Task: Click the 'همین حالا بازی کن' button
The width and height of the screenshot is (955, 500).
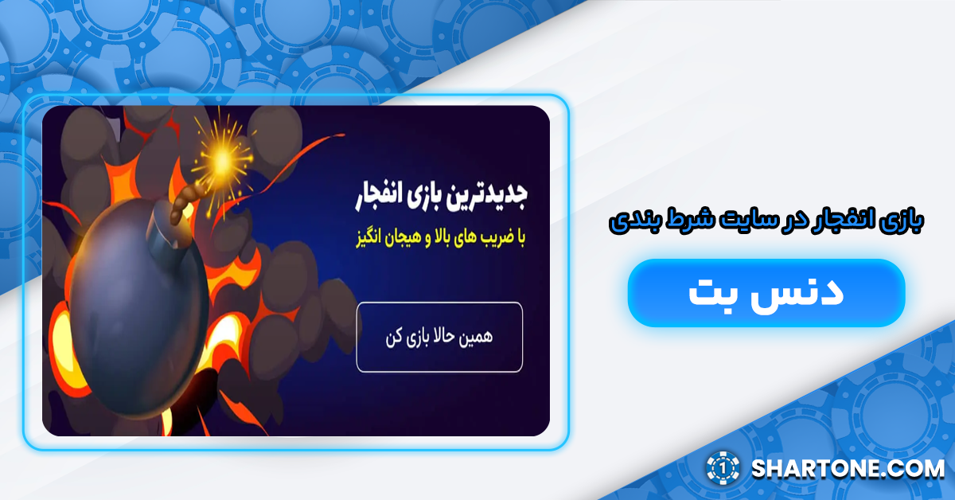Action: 439,337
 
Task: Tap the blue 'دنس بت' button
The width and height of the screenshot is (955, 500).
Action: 766,292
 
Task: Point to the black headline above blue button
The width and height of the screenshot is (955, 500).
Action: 765,221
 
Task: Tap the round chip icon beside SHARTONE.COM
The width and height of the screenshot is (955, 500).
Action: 723,468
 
